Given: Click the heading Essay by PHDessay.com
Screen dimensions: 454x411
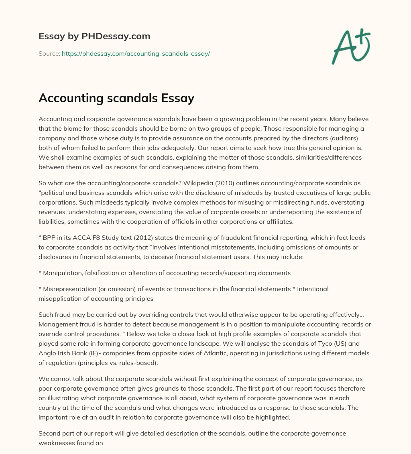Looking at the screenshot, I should point(94,36).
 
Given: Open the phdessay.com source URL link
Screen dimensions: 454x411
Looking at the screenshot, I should point(136,53).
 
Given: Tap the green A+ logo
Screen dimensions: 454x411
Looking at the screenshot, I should point(350,46).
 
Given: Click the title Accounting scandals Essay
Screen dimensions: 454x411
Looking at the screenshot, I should point(116,98).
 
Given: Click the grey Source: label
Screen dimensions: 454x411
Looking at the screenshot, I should point(49,53).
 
